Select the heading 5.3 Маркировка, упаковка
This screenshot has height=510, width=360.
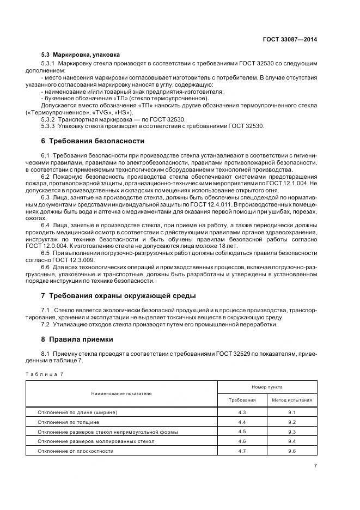pyautogui.click(x=81, y=55)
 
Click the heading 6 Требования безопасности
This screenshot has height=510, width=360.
pyautogui.click(x=93, y=140)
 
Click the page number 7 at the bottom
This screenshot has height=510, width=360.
pyautogui.click(x=316, y=465)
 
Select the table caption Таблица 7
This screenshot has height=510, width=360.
pyautogui.click(x=44, y=374)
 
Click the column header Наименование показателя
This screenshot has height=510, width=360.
pyautogui.click(x=121, y=393)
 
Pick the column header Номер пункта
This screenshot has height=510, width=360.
pyautogui.click(x=267, y=386)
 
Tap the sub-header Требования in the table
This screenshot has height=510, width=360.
pyautogui.click(x=242, y=400)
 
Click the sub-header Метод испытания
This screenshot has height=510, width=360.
pyautogui.click(x=292, y=400)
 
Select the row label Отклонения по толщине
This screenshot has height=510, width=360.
pyautogui.click(x=68, y=422)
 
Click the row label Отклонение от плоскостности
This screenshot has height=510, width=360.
pyautogui.click(x=75, y=451)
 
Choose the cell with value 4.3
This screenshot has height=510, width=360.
pyautogui.click(x=242, y=412)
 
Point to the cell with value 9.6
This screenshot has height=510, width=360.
pyautogui.click(x=292, y=451)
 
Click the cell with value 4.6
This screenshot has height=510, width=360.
pyautogui.click(x=242, y=441)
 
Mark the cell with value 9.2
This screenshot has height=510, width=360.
pyautogui.click(x=292, y=422)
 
